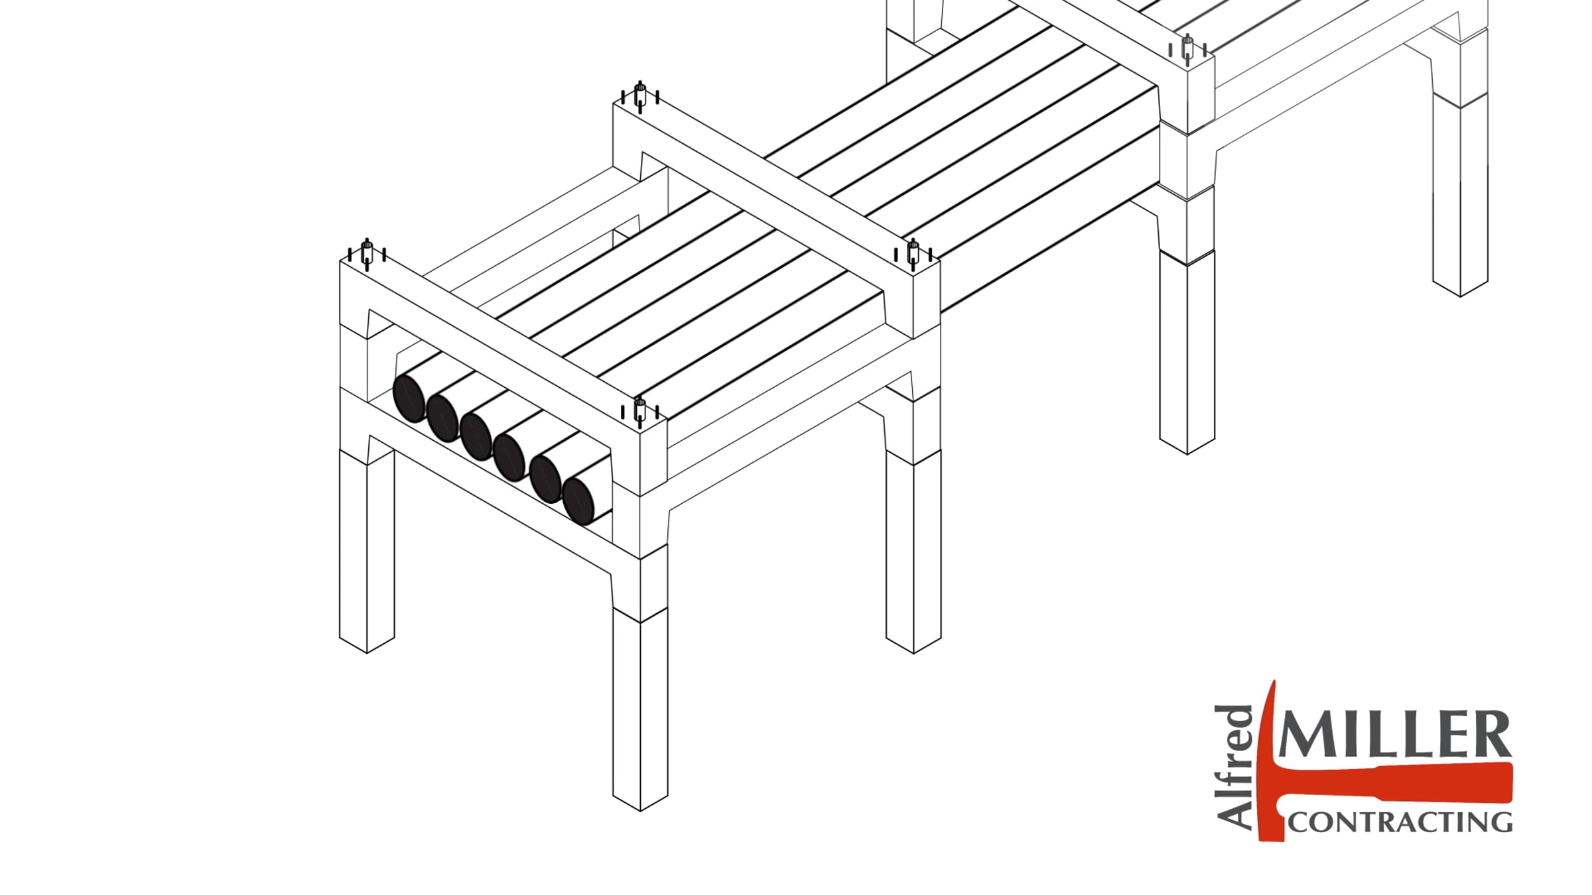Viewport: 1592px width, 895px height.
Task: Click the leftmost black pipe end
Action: point(409,398)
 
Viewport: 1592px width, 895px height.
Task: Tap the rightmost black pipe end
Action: point(578,501)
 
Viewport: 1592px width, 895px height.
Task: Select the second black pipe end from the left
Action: point(442,418)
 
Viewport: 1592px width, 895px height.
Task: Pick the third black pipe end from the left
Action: point(476,436)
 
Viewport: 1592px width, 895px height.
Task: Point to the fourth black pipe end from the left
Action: point(509,456)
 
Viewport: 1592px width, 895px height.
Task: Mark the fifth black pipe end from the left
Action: point(546,479)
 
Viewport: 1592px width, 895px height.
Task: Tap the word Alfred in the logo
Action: point(1235,766)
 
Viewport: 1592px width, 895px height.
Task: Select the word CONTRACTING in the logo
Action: point(1400,822)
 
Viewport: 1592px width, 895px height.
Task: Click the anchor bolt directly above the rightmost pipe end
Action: point(640,412)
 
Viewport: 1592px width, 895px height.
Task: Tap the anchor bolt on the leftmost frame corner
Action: point(367,255)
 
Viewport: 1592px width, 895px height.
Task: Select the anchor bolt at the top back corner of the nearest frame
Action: point(640,97)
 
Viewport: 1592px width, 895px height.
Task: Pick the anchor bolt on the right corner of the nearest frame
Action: point(913,255)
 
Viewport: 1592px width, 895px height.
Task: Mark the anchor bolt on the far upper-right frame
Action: point(1187,50)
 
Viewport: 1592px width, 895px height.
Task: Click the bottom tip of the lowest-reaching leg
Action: point(640,811)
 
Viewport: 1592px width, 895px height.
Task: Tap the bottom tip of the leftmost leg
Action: point(367,653)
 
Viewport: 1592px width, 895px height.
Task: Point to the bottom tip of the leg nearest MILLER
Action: point(1187,454)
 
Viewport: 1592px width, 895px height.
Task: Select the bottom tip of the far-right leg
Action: point(1461,296)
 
